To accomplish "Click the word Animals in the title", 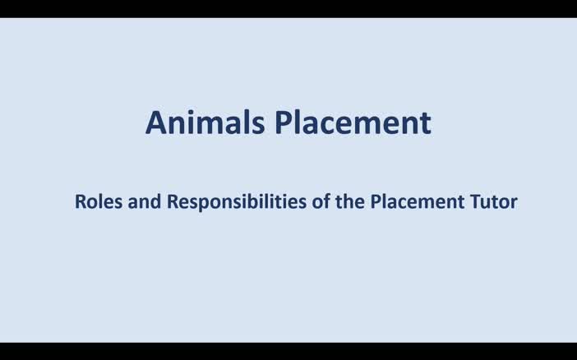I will [205, 123].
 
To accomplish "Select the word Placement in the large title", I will [353, 123].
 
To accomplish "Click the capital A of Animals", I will [156, 123].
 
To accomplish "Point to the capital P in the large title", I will [284, 123].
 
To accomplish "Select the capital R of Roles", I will [81, 201].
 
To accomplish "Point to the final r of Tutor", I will [514, 203].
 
